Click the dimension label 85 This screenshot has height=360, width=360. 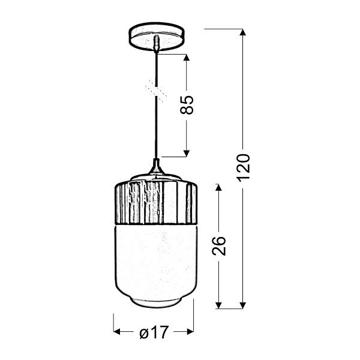tap(187, 105)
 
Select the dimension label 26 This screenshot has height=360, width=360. tap(220, 247)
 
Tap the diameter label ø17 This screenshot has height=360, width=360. tap(154, 332)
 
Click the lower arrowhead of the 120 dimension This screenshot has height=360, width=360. tap(242, 304)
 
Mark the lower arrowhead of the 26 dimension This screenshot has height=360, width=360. tap(220, 304)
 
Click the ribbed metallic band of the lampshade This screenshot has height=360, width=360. tap(155, 201)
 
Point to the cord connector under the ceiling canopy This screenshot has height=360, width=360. tap(156, 44)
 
